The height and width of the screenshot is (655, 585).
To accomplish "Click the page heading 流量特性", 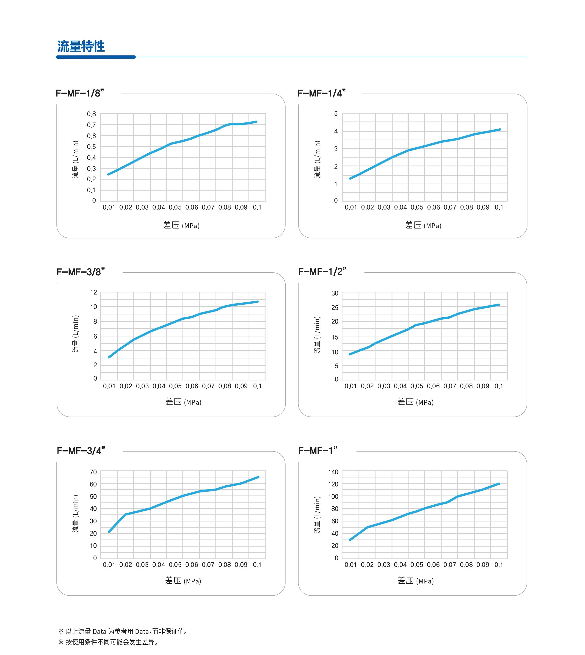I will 81,47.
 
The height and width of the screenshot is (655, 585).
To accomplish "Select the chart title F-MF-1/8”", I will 80,93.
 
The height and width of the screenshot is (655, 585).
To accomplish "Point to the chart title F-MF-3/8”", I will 81,272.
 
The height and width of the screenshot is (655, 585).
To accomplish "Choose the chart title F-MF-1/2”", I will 322,272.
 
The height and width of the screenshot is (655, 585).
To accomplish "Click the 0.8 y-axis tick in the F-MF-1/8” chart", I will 91,114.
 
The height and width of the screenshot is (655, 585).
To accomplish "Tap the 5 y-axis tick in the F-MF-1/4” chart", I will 336,114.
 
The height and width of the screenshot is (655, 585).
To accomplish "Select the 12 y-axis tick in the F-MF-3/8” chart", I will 94,293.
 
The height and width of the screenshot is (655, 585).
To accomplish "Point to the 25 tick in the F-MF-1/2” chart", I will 335,308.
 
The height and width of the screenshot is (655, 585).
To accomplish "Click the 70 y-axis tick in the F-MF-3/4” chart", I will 93,472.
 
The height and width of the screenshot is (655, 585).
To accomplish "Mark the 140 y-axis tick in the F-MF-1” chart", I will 333,472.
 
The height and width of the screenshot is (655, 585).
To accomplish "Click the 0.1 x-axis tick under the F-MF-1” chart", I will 499,565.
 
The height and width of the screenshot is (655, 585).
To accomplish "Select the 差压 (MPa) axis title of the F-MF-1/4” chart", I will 423,225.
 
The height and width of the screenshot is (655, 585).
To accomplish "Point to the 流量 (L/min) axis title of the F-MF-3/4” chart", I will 75,513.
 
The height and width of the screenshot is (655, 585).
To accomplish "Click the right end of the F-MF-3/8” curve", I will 257,302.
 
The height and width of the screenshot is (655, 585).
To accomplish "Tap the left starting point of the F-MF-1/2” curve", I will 350,354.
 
